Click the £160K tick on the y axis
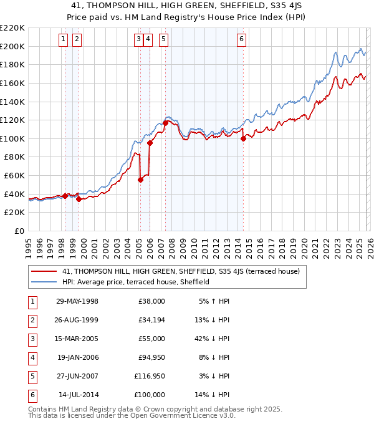click(13, 83)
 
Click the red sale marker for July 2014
click(243, 139)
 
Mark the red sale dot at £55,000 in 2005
click(140, 180)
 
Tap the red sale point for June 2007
click(165, 123)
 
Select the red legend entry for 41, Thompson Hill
click(181, 271)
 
